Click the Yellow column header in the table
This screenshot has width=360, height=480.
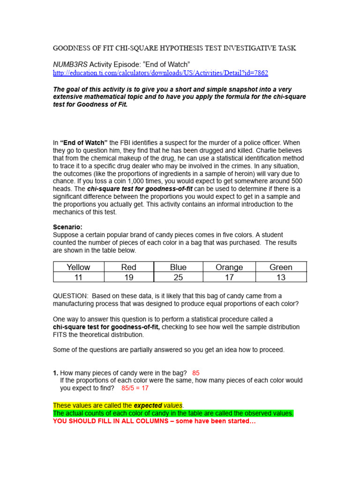[78, 267]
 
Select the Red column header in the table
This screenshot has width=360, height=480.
[128, 267]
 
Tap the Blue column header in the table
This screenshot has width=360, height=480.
[178, 267]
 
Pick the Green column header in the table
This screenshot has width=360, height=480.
[281, 267]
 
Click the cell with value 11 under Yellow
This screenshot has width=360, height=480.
[78, 277]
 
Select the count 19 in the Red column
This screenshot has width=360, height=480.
[128, 277]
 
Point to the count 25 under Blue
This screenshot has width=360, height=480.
[178, 277]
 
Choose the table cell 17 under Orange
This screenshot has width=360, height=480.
[229, 277]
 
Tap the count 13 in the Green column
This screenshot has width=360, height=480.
[281, 277]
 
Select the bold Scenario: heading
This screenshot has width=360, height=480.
[67, 227]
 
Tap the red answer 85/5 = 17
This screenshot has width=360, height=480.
[135, 388]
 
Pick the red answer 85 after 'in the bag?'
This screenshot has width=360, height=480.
[196, 373]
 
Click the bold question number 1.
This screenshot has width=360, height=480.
[55, 373]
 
